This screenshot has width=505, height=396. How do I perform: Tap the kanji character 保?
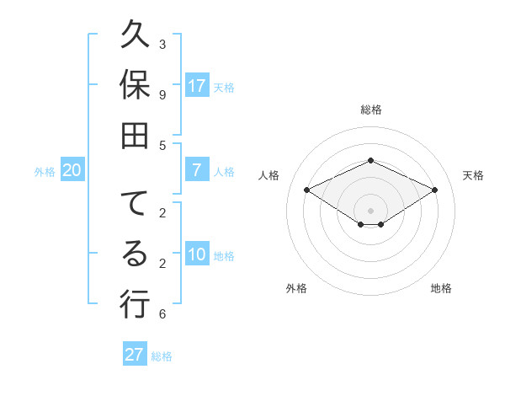coord(135,87)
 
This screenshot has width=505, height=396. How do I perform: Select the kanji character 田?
coord(135,133)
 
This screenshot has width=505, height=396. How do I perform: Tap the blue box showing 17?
coord(197,86)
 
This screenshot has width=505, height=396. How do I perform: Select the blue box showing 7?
coord(197,170)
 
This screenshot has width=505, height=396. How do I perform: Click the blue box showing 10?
coord(197,255)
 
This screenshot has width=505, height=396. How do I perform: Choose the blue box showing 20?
coord(72,170)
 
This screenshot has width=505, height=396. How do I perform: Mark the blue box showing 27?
coord(135,354)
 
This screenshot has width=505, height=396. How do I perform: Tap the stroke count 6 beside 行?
coord(162,314)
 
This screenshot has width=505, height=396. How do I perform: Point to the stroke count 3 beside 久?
coord(162,44)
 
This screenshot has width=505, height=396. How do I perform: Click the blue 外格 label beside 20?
coord(45,172)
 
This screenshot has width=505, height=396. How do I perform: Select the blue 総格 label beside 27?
coord(162,356)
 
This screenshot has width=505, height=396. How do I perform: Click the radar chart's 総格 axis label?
coord(370,110)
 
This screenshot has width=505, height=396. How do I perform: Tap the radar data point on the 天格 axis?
coord(434,190)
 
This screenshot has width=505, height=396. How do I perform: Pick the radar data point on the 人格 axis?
coord(306,190)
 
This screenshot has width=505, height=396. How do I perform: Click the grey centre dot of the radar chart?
coord(370,210)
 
